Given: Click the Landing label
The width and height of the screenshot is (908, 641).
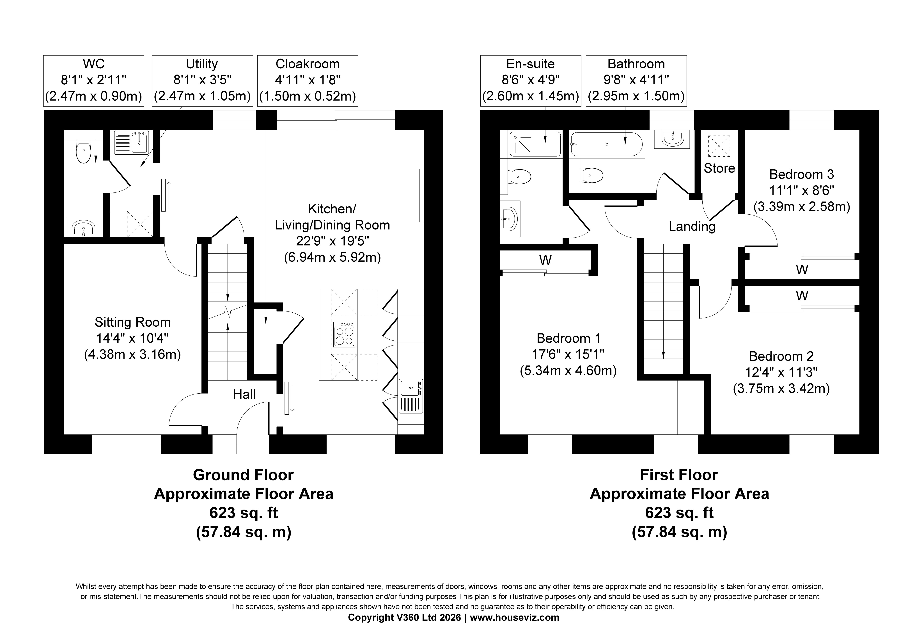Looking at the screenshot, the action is pyautogui.click(x=692, y=226).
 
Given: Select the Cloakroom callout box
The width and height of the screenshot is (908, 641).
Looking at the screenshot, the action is pyautogui.click(x=308, y=81).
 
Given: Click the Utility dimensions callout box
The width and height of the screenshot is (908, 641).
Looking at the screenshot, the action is pyautogui.click(x=202, y=81).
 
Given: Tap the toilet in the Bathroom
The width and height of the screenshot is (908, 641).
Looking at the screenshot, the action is pyautogui.click(x=592, y=175).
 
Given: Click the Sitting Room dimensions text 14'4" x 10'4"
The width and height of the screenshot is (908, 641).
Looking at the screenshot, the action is pyautogui.click(x=132, y=338).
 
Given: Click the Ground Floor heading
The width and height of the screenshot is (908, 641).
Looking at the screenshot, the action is pyautogui.click(x=243, y=475).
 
